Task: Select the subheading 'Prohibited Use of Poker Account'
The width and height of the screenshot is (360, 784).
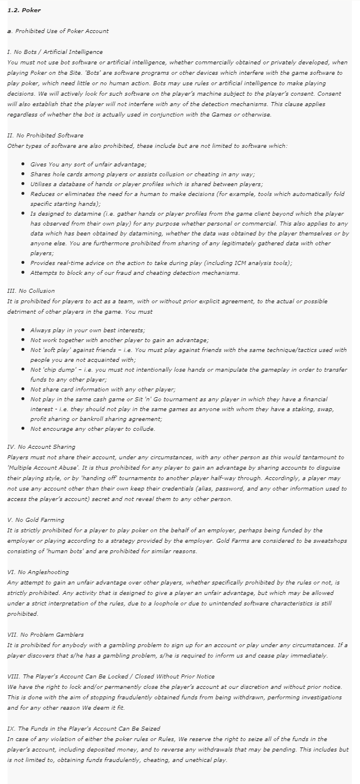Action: tap(60, 31)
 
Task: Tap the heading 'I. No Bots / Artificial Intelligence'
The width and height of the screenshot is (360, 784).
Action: tap(54, 52)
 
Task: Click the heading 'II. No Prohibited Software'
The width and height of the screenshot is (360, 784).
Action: tap(45, 136)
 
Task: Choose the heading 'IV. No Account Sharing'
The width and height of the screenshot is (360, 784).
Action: tap(41, 447)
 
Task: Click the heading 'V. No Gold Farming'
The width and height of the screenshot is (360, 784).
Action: tap(35, 520)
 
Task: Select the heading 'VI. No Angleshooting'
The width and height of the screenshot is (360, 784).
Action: tap(38, 572)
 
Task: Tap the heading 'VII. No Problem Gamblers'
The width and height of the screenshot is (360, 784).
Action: tap(45, 635)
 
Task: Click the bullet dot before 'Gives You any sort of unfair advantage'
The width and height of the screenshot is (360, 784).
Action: tap(22, 165)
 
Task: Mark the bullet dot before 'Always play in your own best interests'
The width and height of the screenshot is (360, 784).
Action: tap(22, 330)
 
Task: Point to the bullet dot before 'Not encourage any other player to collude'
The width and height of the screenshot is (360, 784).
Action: tap(22, 429)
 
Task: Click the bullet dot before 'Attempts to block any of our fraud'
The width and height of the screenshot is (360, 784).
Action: tap(22, 273)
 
